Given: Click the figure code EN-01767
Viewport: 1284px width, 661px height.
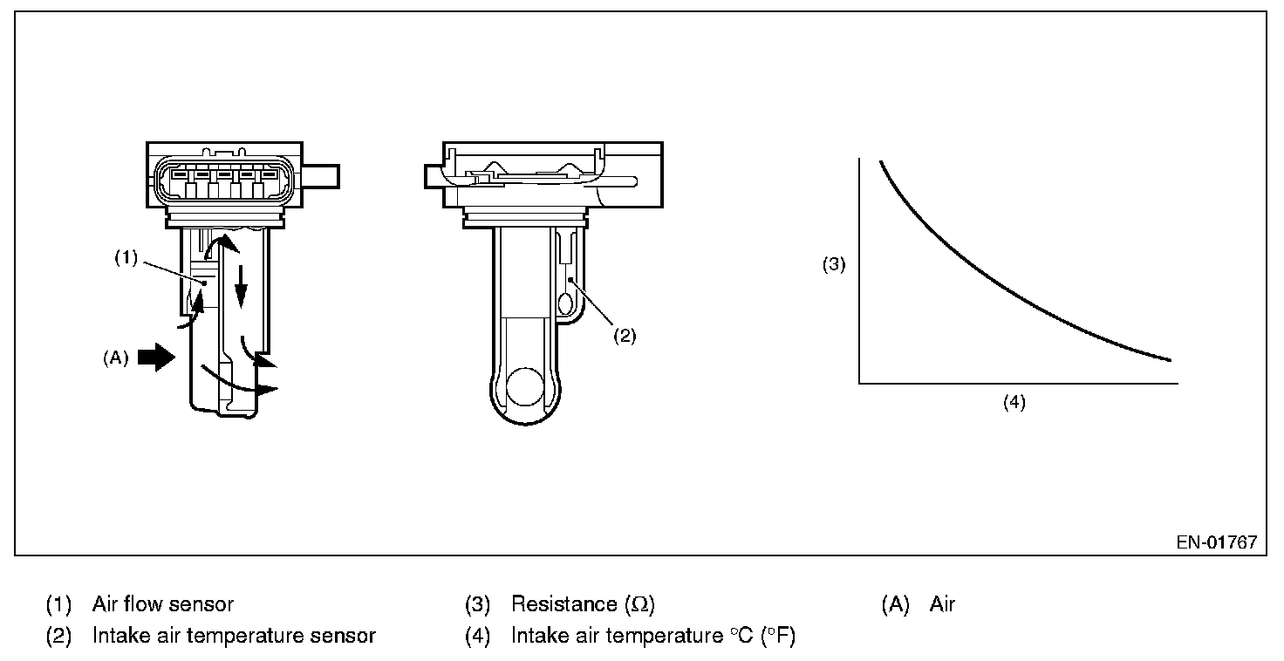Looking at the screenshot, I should coord(1216,542).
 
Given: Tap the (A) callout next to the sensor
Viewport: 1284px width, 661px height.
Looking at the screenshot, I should coord(116,358).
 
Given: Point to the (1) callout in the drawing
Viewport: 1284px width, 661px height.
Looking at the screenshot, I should coord(127,259).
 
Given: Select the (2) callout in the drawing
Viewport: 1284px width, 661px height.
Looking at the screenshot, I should coord(625,337).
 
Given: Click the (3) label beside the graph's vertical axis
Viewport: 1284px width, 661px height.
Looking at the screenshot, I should coord(835,265).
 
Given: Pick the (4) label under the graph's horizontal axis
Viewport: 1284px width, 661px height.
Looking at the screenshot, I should coord(1014,403).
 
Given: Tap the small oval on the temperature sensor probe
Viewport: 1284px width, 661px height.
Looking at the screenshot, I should coord(565,304).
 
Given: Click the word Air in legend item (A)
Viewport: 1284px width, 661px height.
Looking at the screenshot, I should coord(943,604).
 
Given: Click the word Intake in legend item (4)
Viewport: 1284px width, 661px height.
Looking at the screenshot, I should coord(539,636).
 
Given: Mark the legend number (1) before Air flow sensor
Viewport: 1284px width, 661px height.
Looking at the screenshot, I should coord(58,604).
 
